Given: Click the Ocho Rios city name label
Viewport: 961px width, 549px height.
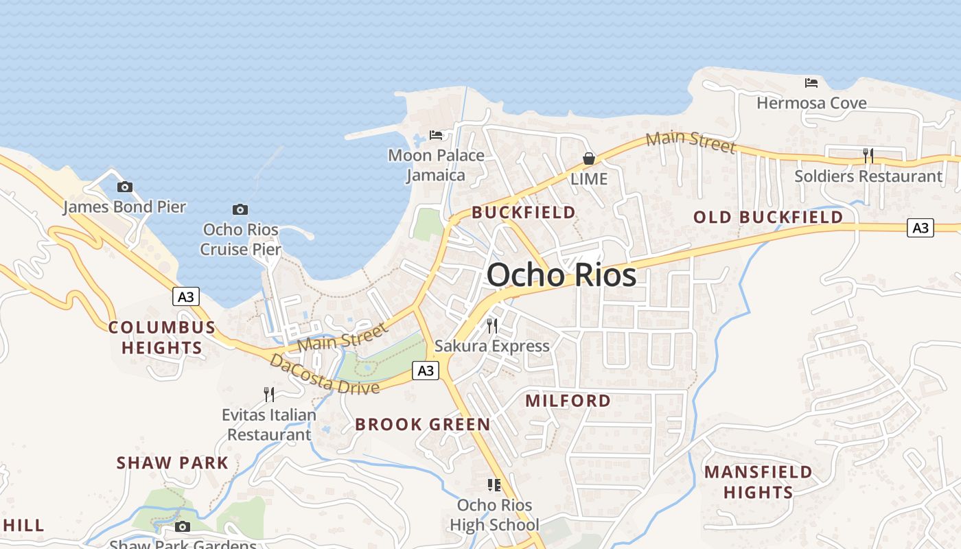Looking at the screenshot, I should pos(561,275).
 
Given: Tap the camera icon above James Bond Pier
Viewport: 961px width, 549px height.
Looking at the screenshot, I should pos(124,187).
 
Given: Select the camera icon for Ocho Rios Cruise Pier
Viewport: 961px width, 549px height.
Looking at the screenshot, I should pos(240,209).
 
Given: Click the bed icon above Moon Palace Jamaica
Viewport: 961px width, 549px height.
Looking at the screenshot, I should pos(436,135).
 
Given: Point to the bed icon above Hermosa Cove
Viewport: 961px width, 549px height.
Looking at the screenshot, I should pos(811,83).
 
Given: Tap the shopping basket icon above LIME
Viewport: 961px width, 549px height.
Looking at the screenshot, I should pos(589,159).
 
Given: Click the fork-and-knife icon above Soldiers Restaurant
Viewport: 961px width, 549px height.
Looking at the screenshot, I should pos(868,156).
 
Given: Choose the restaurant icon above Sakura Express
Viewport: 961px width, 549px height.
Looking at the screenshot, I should pos(492,325).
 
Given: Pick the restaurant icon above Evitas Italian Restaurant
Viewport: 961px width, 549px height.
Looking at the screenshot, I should pos(269,394).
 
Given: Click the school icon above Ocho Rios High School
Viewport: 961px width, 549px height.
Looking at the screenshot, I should pos(494,485).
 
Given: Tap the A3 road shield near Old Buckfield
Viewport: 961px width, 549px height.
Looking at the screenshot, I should pos(921,228).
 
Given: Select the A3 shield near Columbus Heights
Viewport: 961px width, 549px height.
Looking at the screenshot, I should pos(185,296).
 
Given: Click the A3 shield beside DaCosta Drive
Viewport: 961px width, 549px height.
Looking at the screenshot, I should pos(426,371).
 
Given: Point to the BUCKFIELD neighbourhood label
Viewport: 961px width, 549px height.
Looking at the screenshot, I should pos(524,213).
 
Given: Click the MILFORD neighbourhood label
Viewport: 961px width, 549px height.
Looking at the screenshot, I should pos(568,401).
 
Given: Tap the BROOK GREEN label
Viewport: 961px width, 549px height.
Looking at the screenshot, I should pos(423,425).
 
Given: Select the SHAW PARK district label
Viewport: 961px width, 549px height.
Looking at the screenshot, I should pos(172,463).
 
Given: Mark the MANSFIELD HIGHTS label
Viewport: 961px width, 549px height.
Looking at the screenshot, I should pos(758,482).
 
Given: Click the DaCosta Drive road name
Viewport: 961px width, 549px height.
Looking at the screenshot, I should pos(325,375).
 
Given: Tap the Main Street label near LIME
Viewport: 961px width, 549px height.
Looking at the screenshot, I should pos(691,142).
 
